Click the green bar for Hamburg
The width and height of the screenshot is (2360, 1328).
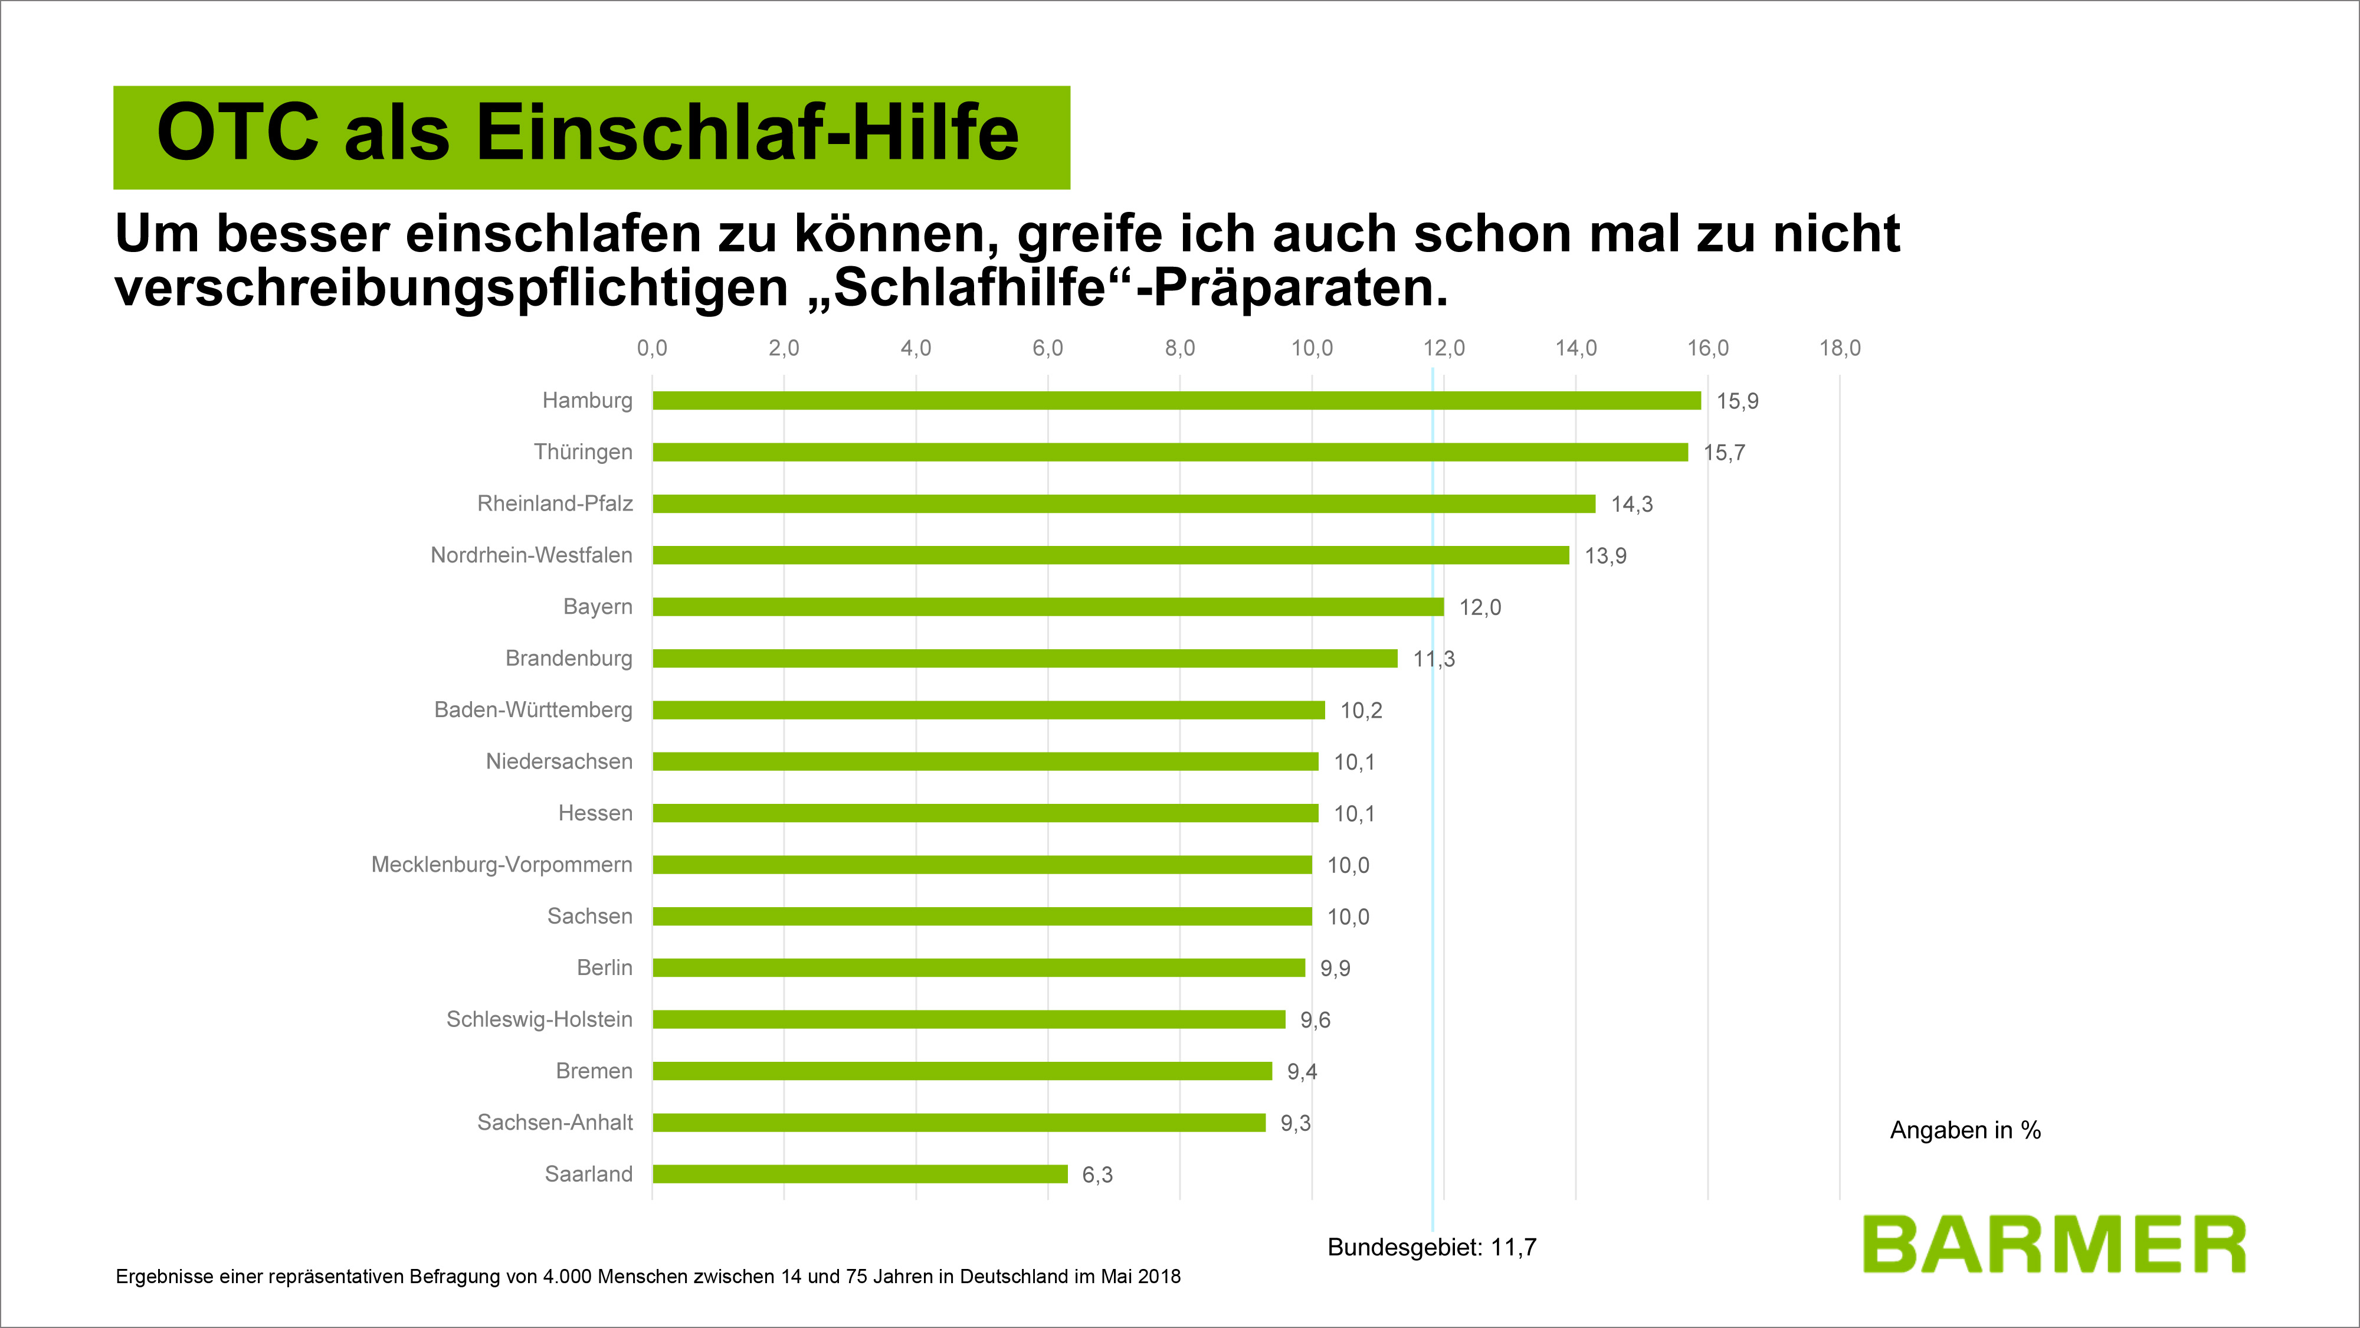click(1176, 401)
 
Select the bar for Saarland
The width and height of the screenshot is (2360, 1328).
click(860, 1174)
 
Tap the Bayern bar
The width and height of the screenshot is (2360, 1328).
click(1047, 607)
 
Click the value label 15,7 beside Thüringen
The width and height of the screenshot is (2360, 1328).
click(1724, 453)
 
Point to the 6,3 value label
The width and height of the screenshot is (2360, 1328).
click(1097, 1175)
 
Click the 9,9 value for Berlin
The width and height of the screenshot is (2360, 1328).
click(1335, 969)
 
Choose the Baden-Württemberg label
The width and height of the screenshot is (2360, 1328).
click(533, 710)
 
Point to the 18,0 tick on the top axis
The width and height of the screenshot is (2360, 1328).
click(1840, 348)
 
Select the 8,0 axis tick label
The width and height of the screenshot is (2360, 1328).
click(1180, 348)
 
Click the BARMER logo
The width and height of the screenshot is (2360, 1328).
click(2053, 1245)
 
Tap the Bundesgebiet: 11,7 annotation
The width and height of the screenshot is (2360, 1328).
click(1432, 1247)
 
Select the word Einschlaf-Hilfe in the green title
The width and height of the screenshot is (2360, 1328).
click(747, 133)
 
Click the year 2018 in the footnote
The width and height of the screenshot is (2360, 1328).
click(1159, 1277)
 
